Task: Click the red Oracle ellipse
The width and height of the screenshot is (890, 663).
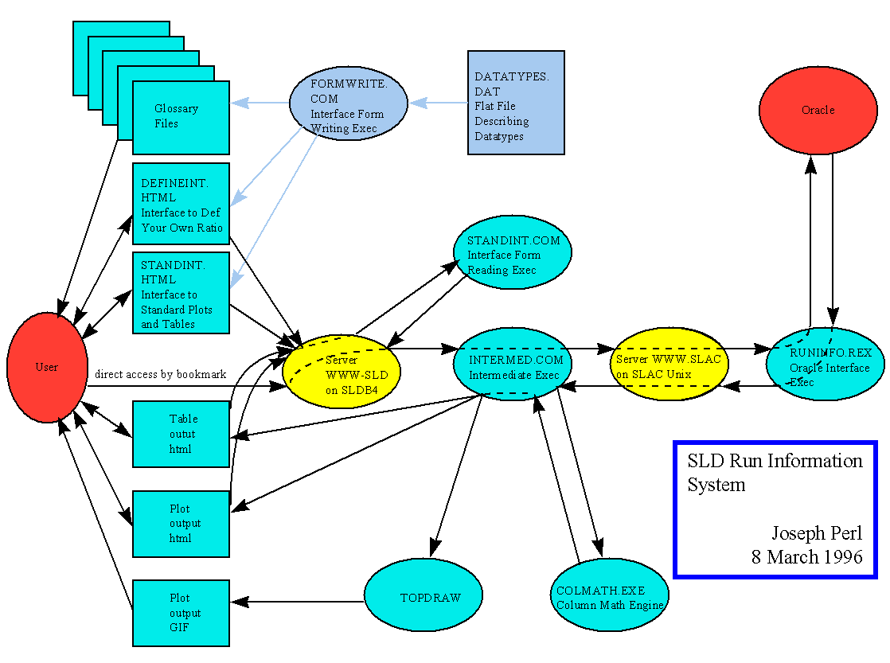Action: pyautogui.click(x=818, y=110)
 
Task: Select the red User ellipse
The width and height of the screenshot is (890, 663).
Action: pyautogui.click(x=47, y=367)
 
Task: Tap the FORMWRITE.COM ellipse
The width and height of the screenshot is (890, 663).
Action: pyautogui.click(x=348, y=104)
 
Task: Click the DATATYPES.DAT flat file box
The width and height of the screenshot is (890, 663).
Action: pyautogui.click(x=516, y=103)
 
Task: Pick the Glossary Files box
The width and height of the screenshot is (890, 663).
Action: pyautogui.click(x=181, y=117)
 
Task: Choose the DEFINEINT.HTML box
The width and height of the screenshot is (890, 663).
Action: pyautogui.click(x=181, y=205)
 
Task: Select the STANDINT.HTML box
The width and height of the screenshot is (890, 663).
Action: pyautogui.click(x=181, y=293)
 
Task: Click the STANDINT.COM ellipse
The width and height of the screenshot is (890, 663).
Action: pyautogui.click(x=513, y=253)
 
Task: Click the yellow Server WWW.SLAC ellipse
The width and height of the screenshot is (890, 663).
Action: pyautogui.click(x=668, y=365)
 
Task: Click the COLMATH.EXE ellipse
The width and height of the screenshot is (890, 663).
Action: pyautogui.click(x=609, y=595)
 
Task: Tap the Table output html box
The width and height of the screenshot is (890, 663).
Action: pyautogui.click(x=181, y=434)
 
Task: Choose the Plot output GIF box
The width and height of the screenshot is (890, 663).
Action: pyautogui.click(x=181, y=613)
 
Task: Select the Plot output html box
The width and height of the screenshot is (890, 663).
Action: pyautogui.click(x=181, y=523)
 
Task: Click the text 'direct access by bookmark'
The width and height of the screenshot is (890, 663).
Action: pyautogui.click(x=160, y=374)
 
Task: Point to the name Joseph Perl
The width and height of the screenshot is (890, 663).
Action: pyautogui.click(x=817, y=533)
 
